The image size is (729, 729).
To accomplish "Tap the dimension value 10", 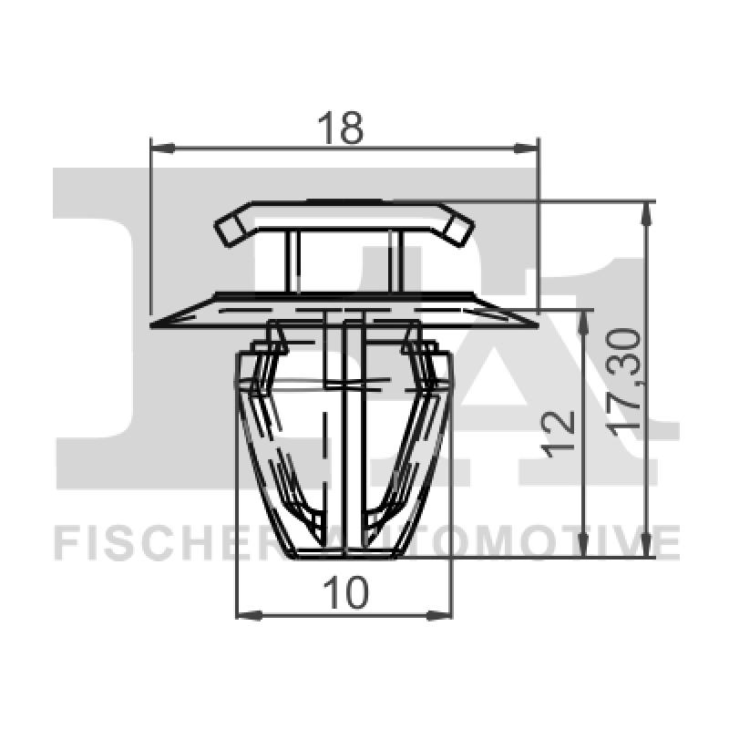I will (x=345, y=593).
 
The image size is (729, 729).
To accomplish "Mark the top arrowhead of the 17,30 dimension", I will (x=647, y=211).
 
